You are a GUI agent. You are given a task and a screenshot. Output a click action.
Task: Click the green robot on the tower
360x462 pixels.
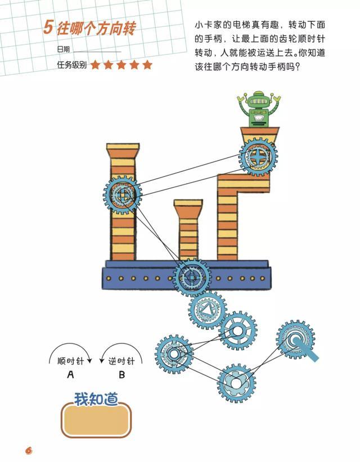click(x=259, y=109)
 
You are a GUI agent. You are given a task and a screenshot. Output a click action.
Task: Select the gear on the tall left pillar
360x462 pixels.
click(x=123, y=195)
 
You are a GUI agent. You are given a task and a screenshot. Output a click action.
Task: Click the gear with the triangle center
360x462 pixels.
click(x=207, y=310)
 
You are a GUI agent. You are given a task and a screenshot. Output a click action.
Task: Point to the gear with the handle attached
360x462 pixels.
click(x=295, y=340)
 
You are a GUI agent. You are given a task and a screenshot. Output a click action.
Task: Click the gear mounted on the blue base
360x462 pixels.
click(x=192, y=278)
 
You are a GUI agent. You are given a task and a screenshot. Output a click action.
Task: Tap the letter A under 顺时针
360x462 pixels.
click(x=70, y=374)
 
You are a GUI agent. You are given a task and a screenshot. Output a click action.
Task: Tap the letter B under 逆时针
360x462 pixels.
click(x=121, y=375)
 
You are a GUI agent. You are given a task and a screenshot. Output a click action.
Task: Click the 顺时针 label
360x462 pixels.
click(x=70, y=361)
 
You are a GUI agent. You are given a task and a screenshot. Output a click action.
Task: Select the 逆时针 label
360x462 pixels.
click(x=121, y=361)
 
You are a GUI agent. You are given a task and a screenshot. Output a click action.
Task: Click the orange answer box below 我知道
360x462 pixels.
click(x=96, y=420)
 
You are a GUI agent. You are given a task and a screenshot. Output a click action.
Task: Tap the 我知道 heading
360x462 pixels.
click(x=96, y=399)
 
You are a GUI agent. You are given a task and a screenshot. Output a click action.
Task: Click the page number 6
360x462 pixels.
click(x=29, y=451)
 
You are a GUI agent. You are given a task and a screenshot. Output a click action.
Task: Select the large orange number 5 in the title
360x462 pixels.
click(x=48, y=27)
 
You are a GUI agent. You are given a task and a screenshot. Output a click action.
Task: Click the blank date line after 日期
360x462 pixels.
click(x=97, y=52)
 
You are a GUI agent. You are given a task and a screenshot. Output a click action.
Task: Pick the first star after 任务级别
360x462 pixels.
click(x=95, y=65)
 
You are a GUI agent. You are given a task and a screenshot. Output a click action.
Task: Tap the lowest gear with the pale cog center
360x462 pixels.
click(x=236, y=383)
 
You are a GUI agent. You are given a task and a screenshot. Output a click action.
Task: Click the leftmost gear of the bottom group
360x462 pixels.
click(x=174, y=354)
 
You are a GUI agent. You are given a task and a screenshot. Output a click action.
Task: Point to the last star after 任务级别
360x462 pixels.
click(x=147, y=65)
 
